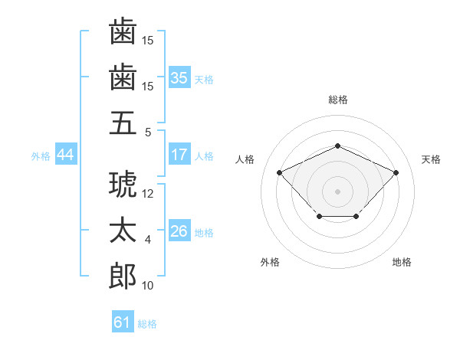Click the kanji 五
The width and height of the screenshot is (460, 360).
click(x=123, y=123)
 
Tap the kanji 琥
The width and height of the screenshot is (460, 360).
click(x=123, y=184)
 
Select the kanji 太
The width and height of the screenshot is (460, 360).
click(x=123, y=230)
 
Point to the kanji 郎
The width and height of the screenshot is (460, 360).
click(x=123, y=276)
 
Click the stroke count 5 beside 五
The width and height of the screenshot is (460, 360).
click(x=148, y=133)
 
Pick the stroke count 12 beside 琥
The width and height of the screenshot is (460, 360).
click(x=147, y=194)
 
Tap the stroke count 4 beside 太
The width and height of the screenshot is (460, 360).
click(x=148, y=240)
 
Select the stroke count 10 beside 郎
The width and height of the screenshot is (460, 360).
click(x=147, y=285)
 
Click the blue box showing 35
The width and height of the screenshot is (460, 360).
click(x=179, y=77)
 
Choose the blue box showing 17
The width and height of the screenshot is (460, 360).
click(x=179, y=154)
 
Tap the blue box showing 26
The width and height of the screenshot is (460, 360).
click(x=179, y=230)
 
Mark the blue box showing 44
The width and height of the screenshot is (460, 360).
click(x=66, y=154)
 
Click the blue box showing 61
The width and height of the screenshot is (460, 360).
click(x=123, y=321)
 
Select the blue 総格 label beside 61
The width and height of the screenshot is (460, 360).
click(x=147, y=324)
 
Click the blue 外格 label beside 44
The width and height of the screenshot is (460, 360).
click(x=41, y=156)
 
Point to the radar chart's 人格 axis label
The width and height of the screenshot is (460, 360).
click(x=245, y=159)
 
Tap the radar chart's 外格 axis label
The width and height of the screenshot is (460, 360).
click(x=270, y=262)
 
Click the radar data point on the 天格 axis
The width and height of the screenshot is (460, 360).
click(x=396, y=172)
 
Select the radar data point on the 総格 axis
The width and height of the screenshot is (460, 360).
click(x=337, y=146)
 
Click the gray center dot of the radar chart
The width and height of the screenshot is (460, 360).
click(x=337, y=191)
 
